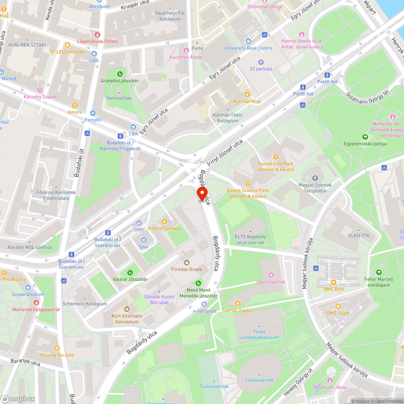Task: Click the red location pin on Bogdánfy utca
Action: click(202, 194)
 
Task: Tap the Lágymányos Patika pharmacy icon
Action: click(97, 35)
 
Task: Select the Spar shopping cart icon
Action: click(144, 240)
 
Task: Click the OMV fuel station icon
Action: click(139, 223)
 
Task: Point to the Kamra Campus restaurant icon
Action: click(164, 221)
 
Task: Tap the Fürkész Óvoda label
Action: click(186, 269)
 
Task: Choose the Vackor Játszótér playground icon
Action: click(130, 273)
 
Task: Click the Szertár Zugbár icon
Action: click(238, 303)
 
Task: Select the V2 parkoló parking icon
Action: click(261, 62)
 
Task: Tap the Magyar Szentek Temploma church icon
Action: click(315, 178)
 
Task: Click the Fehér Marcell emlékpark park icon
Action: click(379, 272)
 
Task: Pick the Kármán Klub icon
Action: click(247, 95)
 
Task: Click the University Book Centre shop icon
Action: click(248, 41)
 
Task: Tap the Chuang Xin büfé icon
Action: click(57, 348)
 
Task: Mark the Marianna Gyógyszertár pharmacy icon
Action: click(36, 303)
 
